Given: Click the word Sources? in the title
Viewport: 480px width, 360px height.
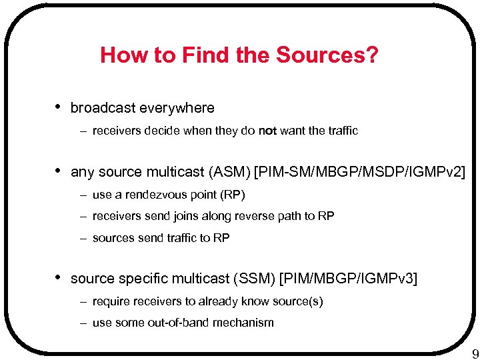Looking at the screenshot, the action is click(326, 55).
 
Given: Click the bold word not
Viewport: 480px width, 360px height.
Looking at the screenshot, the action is click(267, 131).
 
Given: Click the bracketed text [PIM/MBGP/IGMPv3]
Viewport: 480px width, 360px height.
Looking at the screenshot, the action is click(349, 279).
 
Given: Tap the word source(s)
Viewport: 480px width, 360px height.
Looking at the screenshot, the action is click(299, 302).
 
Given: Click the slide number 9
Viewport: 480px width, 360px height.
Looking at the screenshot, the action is click(475, 353).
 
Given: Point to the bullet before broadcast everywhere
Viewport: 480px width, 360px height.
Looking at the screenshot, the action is click(59, 107).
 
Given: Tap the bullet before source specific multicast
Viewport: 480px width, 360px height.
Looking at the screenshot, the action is click(59, 277).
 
